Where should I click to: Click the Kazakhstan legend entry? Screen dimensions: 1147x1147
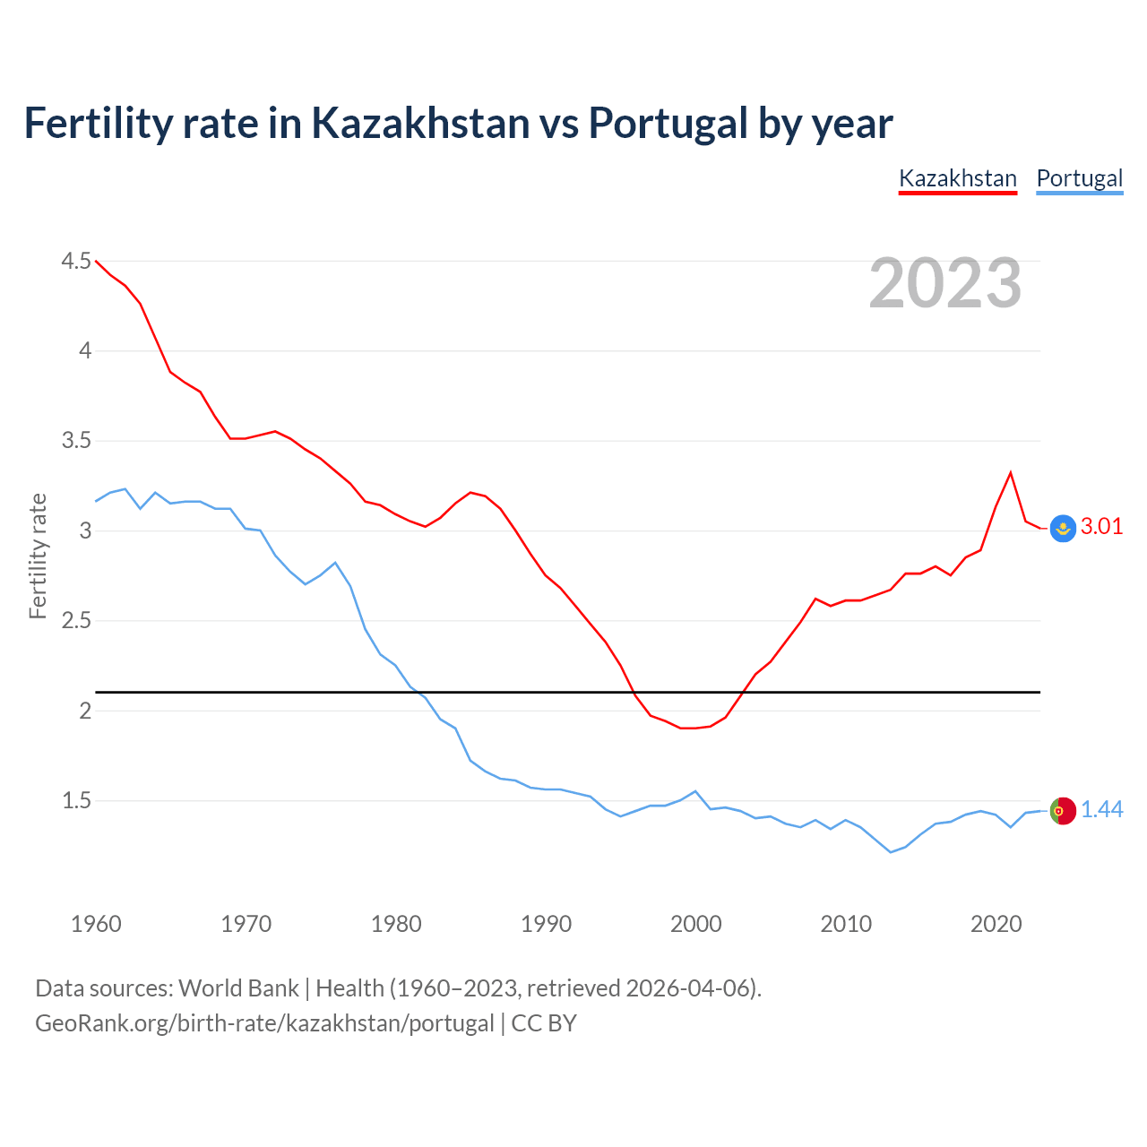click(957, 178)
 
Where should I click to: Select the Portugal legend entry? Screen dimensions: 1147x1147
click(1079, 178)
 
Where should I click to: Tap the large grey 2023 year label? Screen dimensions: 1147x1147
click(945, 283)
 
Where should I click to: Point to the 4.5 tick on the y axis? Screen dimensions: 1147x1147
click(76, 262)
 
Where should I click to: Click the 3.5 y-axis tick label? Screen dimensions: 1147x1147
click(76, 441)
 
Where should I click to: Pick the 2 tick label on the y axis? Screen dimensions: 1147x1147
click(86, 711)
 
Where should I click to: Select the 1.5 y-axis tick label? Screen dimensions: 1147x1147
click(76, 800)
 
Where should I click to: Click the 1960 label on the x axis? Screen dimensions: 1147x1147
click(96, 924)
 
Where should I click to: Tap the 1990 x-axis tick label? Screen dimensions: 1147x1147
click(546, 924)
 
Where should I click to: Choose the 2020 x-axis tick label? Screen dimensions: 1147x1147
click(996, 924)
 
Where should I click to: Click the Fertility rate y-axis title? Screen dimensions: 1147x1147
click(38, 556)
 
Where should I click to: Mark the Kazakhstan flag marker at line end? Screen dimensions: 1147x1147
click(1063, 529)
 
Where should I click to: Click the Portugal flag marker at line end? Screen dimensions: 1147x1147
click(1063, 810)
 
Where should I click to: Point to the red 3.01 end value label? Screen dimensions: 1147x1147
click(1101, 527)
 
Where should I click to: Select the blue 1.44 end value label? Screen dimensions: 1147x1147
click(1101, 810)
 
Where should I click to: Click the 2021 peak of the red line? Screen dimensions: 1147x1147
click(1011, 472)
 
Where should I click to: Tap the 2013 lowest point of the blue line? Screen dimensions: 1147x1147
click(891, 852)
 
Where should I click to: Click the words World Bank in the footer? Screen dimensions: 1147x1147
click(238, 988)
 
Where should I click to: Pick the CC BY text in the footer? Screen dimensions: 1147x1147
click(544, 1023)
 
